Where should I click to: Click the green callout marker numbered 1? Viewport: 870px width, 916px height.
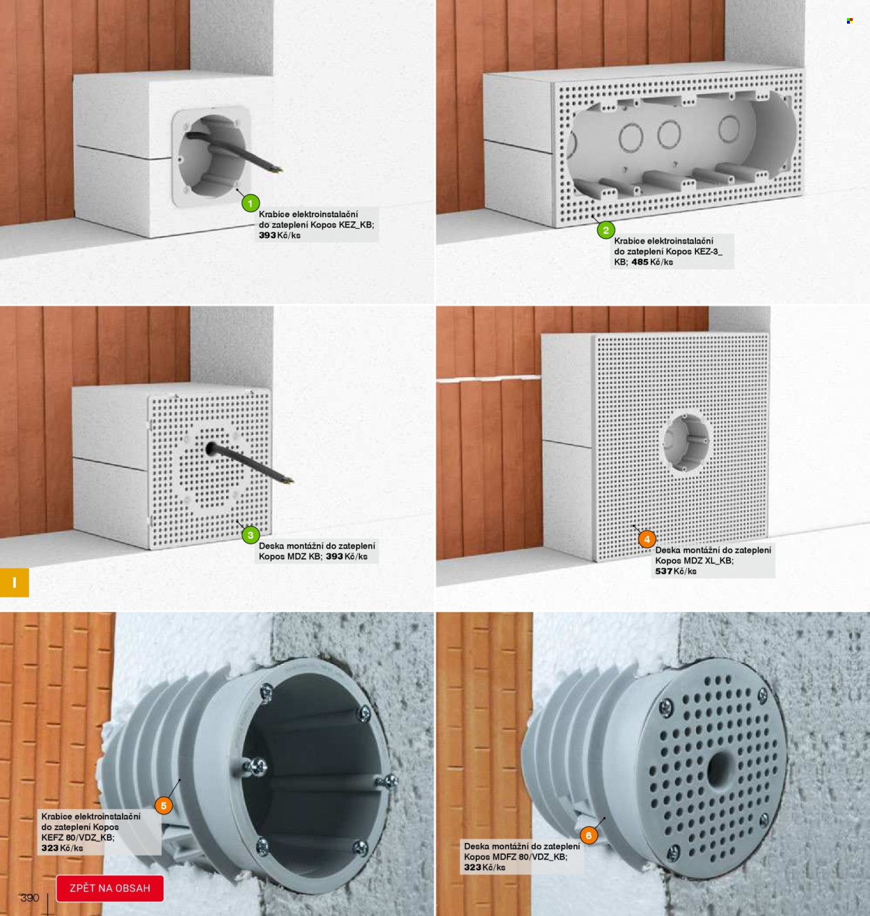251,203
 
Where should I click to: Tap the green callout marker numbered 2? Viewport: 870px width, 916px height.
606,230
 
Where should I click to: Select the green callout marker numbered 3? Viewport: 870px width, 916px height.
251,535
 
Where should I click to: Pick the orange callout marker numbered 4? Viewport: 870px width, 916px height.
647,539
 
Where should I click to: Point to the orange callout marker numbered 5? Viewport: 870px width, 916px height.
163,805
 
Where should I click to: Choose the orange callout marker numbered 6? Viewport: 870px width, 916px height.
589,835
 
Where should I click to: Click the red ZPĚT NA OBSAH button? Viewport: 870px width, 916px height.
110,888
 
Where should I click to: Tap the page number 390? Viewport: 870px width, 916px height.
30,898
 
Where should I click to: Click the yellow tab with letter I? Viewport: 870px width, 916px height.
15,583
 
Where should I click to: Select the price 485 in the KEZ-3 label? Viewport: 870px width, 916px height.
640,262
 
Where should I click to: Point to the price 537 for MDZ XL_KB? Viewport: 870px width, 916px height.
663,571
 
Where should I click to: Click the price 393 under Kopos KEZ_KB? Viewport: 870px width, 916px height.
267,235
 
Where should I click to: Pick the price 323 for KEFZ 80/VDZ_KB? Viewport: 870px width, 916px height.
50,848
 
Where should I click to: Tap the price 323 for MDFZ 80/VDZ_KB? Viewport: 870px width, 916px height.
473,867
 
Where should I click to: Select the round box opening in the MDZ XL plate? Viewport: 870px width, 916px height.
686,442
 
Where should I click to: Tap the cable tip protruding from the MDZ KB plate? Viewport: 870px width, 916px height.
290,480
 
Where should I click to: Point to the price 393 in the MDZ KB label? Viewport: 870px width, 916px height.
335,556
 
